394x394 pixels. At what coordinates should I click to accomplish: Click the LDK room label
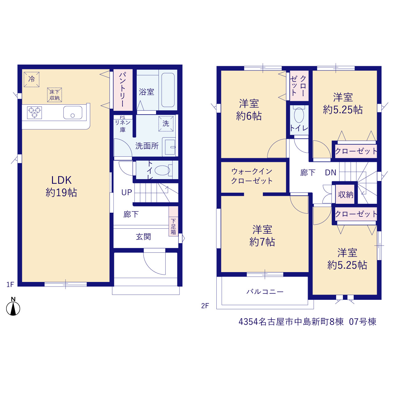pyautogui.click(x=61, y=180)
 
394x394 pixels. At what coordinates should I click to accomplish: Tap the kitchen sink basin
pyautogui.click(x=73, y=112)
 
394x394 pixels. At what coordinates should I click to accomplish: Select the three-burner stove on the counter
pyautogui.click(x=34, y=112)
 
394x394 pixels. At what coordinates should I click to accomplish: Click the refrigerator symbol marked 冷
pyautogui.click(x=31, y=79)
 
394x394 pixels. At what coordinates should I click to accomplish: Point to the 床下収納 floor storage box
pyautogui.click(x=54, y=95)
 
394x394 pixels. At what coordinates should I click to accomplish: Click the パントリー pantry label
pyautogui.click(x=123, y=90)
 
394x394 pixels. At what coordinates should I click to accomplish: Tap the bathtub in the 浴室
pyautogui.click(x=168, y=90)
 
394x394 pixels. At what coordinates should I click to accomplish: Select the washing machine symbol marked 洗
pyautogui.click(x=166, y=124)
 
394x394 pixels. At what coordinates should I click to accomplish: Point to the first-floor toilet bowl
pyautogui.click(x=163, y=170)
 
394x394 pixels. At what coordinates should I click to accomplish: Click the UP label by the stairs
pyautogui.click(x=127, y=192)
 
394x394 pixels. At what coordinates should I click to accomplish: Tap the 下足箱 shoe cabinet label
pyautogui.click(x=173, y=227)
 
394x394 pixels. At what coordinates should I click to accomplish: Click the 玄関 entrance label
pyautogui.click(x=143, y=237)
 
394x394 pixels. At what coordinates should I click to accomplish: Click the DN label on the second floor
pyautogui.click(x=331, y=173)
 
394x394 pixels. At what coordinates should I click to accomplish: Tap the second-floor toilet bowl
pyautogui.click(x=299, y=115)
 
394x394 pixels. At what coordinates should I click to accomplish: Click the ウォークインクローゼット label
pyautogui.click(x=252, y=176)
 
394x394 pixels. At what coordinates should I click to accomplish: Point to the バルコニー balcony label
pyautogui.click(x=265, y=291)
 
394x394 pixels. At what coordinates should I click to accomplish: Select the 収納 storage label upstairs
pyautogui.click(x=346, y=195)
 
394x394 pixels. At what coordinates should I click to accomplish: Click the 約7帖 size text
pyautogui.click(x=262, y=242)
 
